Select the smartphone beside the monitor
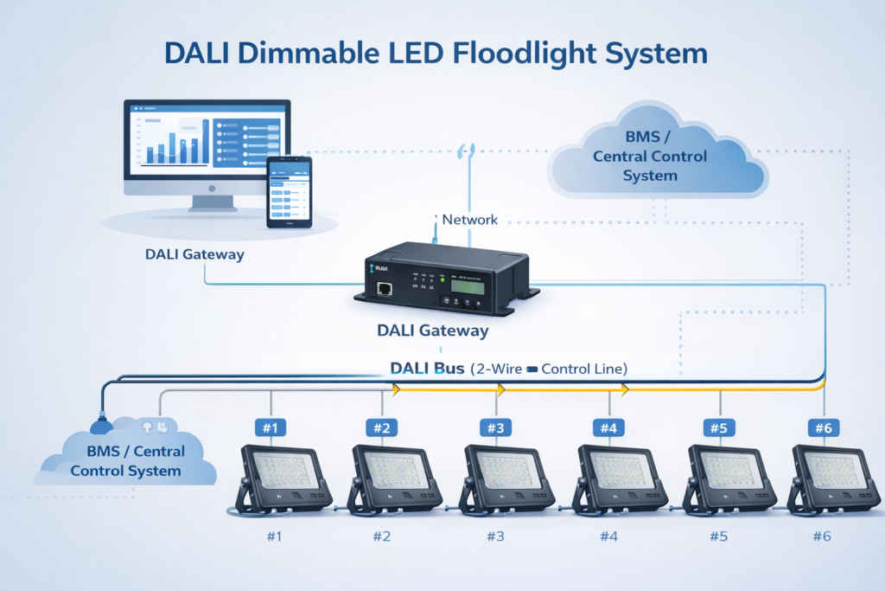pyautogui.click(x=289, y=192)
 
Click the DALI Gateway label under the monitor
pyautogui.click(x=194, y=254)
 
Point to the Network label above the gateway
pyautogui.click(x=469, y=220)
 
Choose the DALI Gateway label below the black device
pyautogui.click(x=432, y=331)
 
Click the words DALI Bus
pyautogui.click(x=428, y=369)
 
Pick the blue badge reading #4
pyautogui.click(x=608, y=427)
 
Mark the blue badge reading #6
pyautogui.click(x=822, y=427)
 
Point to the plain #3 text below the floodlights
pyautogui.click(x=494, y=536)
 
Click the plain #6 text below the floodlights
pyautogui.click(x=822, y=536)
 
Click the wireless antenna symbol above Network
pyautogui.click(x=468, y=150)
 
